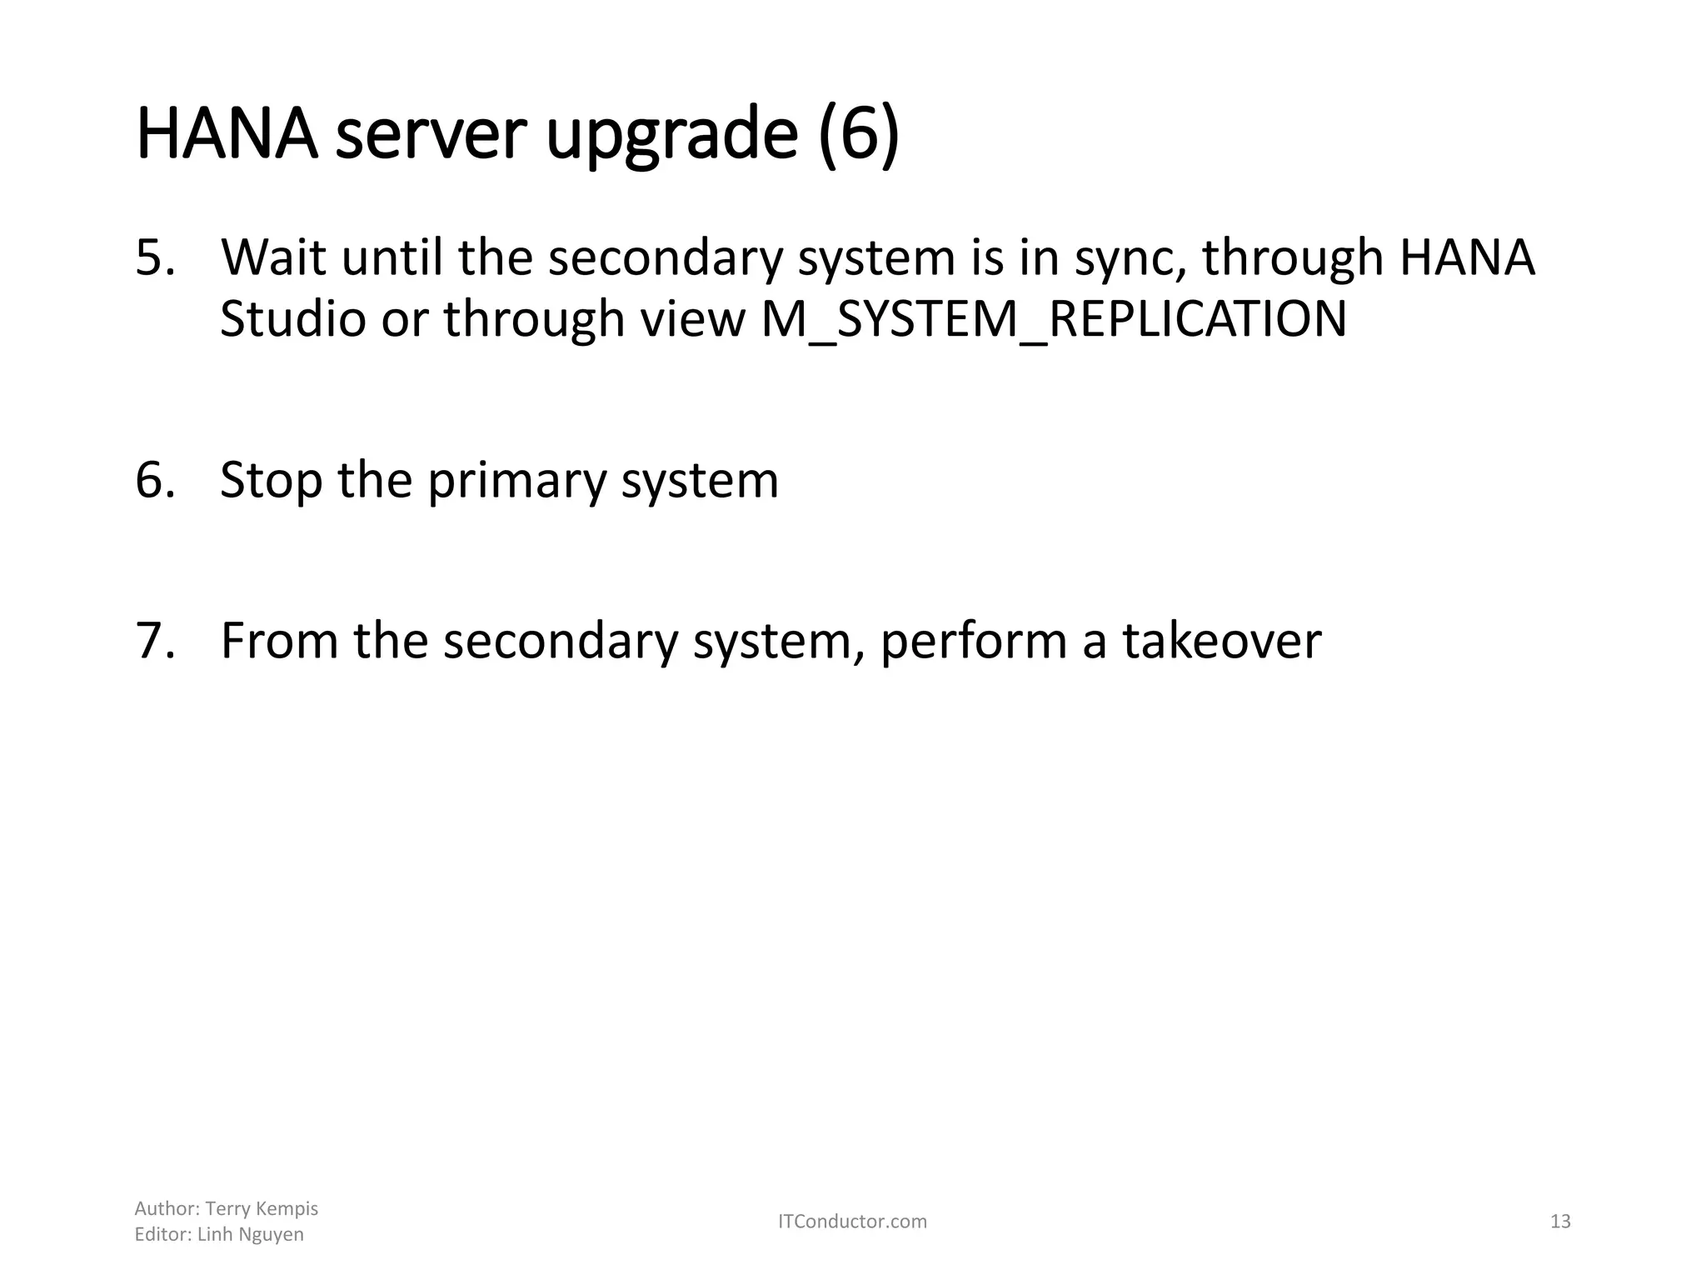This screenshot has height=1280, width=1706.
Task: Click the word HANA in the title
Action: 227,135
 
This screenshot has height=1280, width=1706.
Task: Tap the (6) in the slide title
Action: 859,135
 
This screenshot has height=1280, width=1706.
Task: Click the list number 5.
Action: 155,257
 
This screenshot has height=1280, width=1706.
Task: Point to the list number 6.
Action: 155,481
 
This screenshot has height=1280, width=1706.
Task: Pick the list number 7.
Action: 155,641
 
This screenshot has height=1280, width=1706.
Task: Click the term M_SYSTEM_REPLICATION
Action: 1054,319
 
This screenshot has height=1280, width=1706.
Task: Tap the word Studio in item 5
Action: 292,319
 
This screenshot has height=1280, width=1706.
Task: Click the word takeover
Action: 1221,641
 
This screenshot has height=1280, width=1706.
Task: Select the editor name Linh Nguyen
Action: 250,1235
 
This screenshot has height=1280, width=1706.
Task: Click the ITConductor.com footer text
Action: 852,1222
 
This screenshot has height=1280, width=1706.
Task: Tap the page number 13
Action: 1560,1222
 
